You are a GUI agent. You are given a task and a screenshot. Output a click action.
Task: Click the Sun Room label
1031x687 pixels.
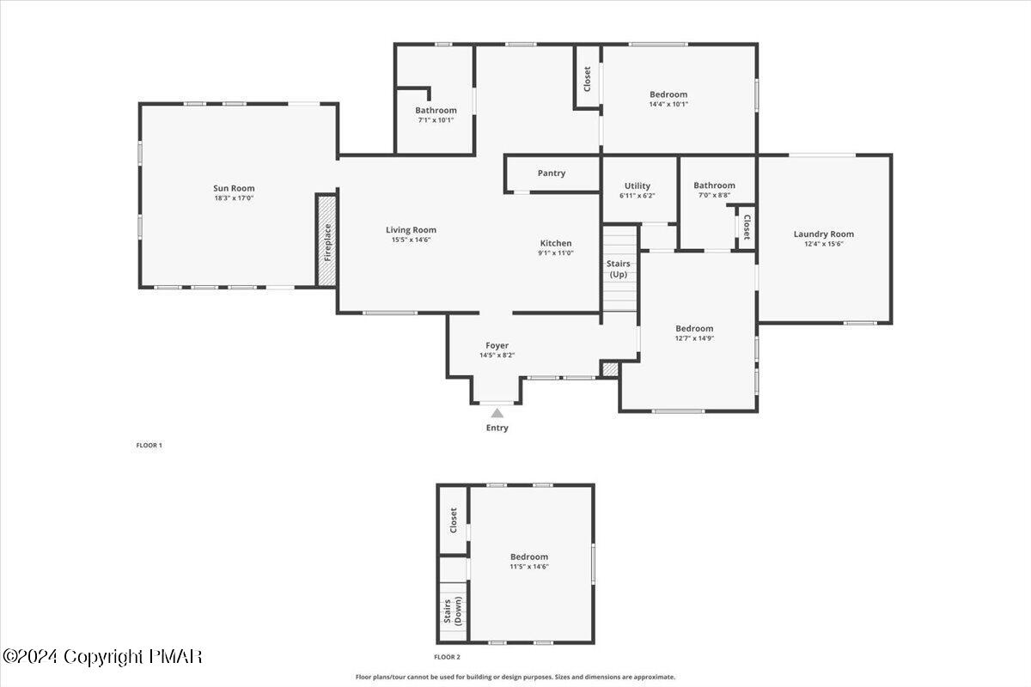[x=234, y=188]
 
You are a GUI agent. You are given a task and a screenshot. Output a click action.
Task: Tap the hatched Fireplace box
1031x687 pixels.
[x=326, y=240]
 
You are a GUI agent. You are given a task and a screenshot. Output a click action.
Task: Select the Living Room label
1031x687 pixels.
[x=411, y=229]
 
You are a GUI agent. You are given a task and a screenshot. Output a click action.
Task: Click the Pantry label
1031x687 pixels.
[x=552, y=173]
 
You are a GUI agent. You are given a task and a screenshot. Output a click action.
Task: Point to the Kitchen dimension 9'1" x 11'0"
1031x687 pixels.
[x=556, y=252]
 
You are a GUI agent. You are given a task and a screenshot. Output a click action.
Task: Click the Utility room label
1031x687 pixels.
[x=638, y=185]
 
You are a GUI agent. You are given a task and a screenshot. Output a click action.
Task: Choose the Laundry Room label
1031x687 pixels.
[x=823, y=234]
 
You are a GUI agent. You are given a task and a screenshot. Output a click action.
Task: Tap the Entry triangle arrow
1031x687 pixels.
[x=497, y=413]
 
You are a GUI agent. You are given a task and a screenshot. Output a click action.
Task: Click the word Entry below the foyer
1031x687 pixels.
[x=497, y=428]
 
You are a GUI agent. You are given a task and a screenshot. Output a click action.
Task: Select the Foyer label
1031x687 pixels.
[x=497, y=345]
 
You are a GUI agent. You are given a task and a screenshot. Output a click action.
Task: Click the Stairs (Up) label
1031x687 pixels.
[x=619, y=269]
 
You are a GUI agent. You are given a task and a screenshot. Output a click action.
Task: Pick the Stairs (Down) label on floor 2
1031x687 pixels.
[x=453, y=612]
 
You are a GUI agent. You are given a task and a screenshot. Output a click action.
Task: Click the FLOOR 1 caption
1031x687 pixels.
[x=149, y=445]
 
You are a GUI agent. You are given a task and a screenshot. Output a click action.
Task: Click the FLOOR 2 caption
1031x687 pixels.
[x=447, y=657]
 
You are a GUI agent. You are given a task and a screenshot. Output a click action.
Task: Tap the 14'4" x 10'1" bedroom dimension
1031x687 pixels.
[x=668, y=104]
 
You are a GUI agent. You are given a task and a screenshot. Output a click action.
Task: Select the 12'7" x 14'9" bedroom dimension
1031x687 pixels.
[x=694, y=337]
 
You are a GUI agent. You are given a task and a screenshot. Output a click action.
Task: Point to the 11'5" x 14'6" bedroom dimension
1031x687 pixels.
[x=529, y=566]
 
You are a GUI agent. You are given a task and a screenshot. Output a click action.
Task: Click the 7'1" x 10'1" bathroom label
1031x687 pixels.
[x=436, y=119]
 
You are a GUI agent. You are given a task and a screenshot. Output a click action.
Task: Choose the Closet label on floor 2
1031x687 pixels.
[x=453, y=520]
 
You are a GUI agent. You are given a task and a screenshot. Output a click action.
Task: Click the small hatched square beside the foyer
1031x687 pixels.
[x=609, y=369]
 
